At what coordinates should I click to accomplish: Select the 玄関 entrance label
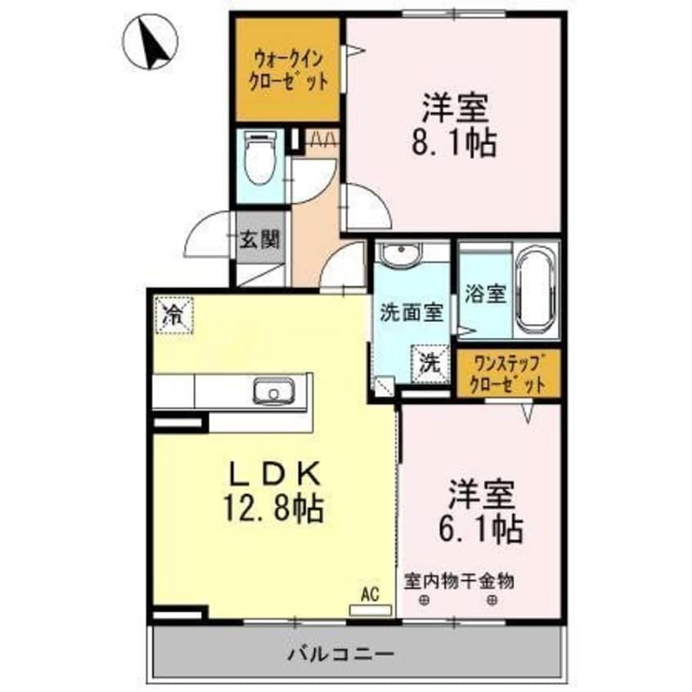pos(260,240)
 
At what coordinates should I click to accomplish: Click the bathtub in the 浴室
pos(536,291)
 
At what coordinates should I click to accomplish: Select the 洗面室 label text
pos(411,312)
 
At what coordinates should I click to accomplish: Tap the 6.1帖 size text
pos(480,528)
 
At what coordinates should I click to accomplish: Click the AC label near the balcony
pos(371,595)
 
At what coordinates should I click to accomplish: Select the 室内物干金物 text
pos(459,582)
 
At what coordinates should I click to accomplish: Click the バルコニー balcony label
pos(341,654)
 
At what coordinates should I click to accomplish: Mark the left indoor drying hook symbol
pos(425,602)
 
